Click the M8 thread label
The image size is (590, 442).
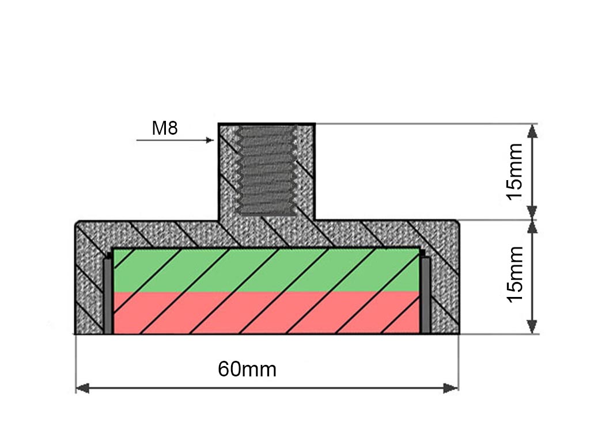click(x=164, y=128)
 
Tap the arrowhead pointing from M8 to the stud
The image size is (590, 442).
click(x=210, y=140)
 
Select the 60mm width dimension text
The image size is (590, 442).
click(x=247, y=369)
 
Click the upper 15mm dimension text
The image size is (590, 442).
click(x=514, y=171)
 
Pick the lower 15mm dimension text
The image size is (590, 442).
click(x=514, y=274)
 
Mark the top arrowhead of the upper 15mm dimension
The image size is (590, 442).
click(x=532, y=131)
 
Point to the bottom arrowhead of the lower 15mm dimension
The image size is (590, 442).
click(x=532, y=326)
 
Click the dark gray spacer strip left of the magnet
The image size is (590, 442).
click(x=108, y=295)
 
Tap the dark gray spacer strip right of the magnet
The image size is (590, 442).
click(x=425, y=295)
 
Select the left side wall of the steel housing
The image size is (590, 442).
click(x=89, y=282)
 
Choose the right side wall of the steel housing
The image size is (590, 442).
click(x=445, y=282)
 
